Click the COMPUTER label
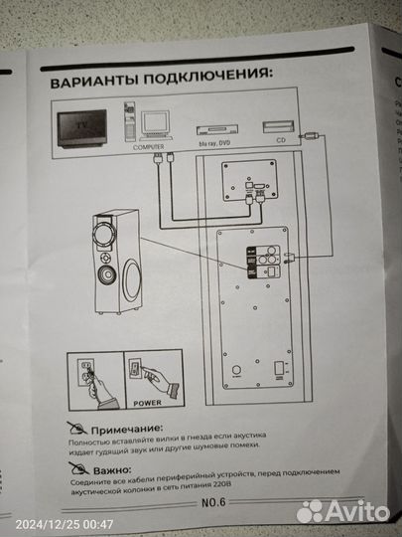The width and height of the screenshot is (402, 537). (150, 145)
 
